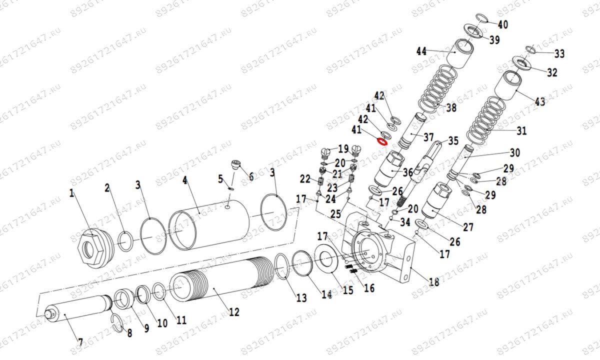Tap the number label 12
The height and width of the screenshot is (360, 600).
233,312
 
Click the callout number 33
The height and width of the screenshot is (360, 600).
559,53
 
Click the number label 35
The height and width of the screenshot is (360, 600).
453,141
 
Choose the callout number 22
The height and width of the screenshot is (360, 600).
305,179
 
